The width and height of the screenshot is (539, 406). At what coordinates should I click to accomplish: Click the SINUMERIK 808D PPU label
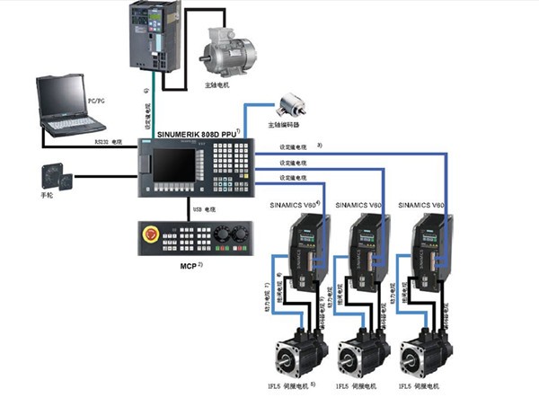pyautogui.click(x=197, y=134)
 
